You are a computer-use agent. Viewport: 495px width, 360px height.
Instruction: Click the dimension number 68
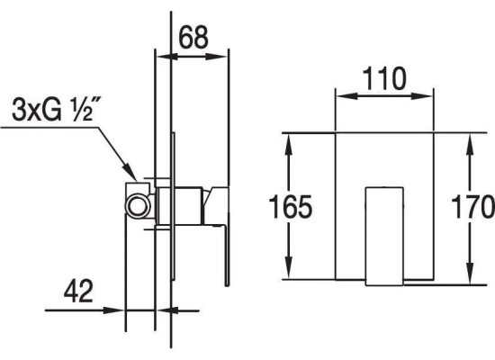tap(193, 37)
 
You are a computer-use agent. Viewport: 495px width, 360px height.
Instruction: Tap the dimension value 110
tap(384, 78)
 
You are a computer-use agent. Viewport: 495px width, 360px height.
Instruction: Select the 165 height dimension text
tap(291, 207)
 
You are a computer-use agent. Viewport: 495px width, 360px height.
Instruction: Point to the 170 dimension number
tap(472, 207)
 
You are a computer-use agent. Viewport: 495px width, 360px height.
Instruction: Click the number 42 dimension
tap(78, 291)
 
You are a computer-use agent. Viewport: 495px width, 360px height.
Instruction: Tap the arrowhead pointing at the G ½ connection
tap(130, 172)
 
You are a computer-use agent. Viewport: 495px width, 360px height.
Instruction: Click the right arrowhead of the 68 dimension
tap(217, 58)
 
